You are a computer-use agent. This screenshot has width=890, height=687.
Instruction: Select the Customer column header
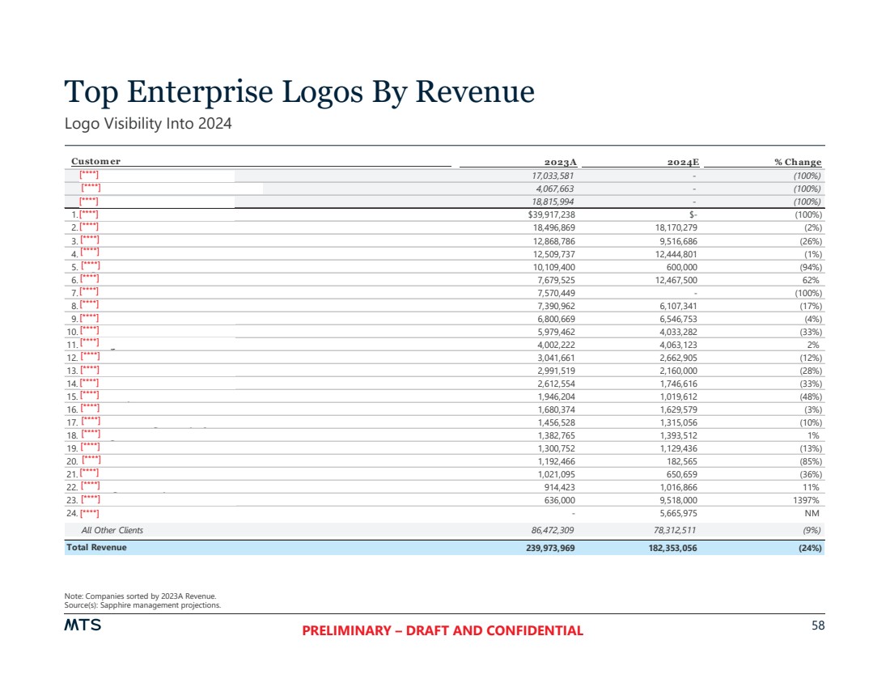[95, 162]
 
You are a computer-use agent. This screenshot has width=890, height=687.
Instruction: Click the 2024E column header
[683, 162]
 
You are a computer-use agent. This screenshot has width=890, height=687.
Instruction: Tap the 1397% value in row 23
[807, 499]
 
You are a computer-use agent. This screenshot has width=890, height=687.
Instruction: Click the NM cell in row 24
[813, 512]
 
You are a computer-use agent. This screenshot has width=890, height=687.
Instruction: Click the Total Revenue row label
[96, 548]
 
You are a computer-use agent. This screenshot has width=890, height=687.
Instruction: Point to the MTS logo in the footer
[83, 626]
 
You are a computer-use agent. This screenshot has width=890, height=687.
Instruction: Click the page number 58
[817, 626]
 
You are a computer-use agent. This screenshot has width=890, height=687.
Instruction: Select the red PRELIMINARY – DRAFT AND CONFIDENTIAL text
[442, 631]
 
